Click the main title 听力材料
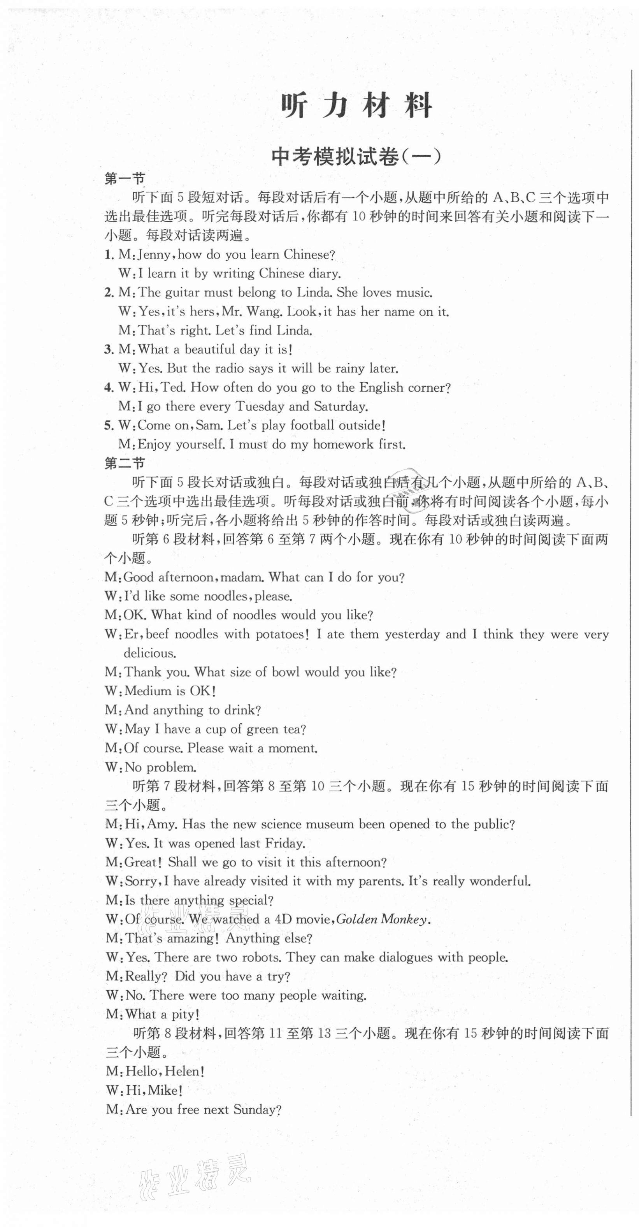click(x=356, y=106)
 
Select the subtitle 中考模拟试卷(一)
click(x=356, y=157)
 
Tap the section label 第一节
click(x=125, y=179)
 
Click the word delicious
click(x=149, y=653)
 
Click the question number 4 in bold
click(x=108, y=388)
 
